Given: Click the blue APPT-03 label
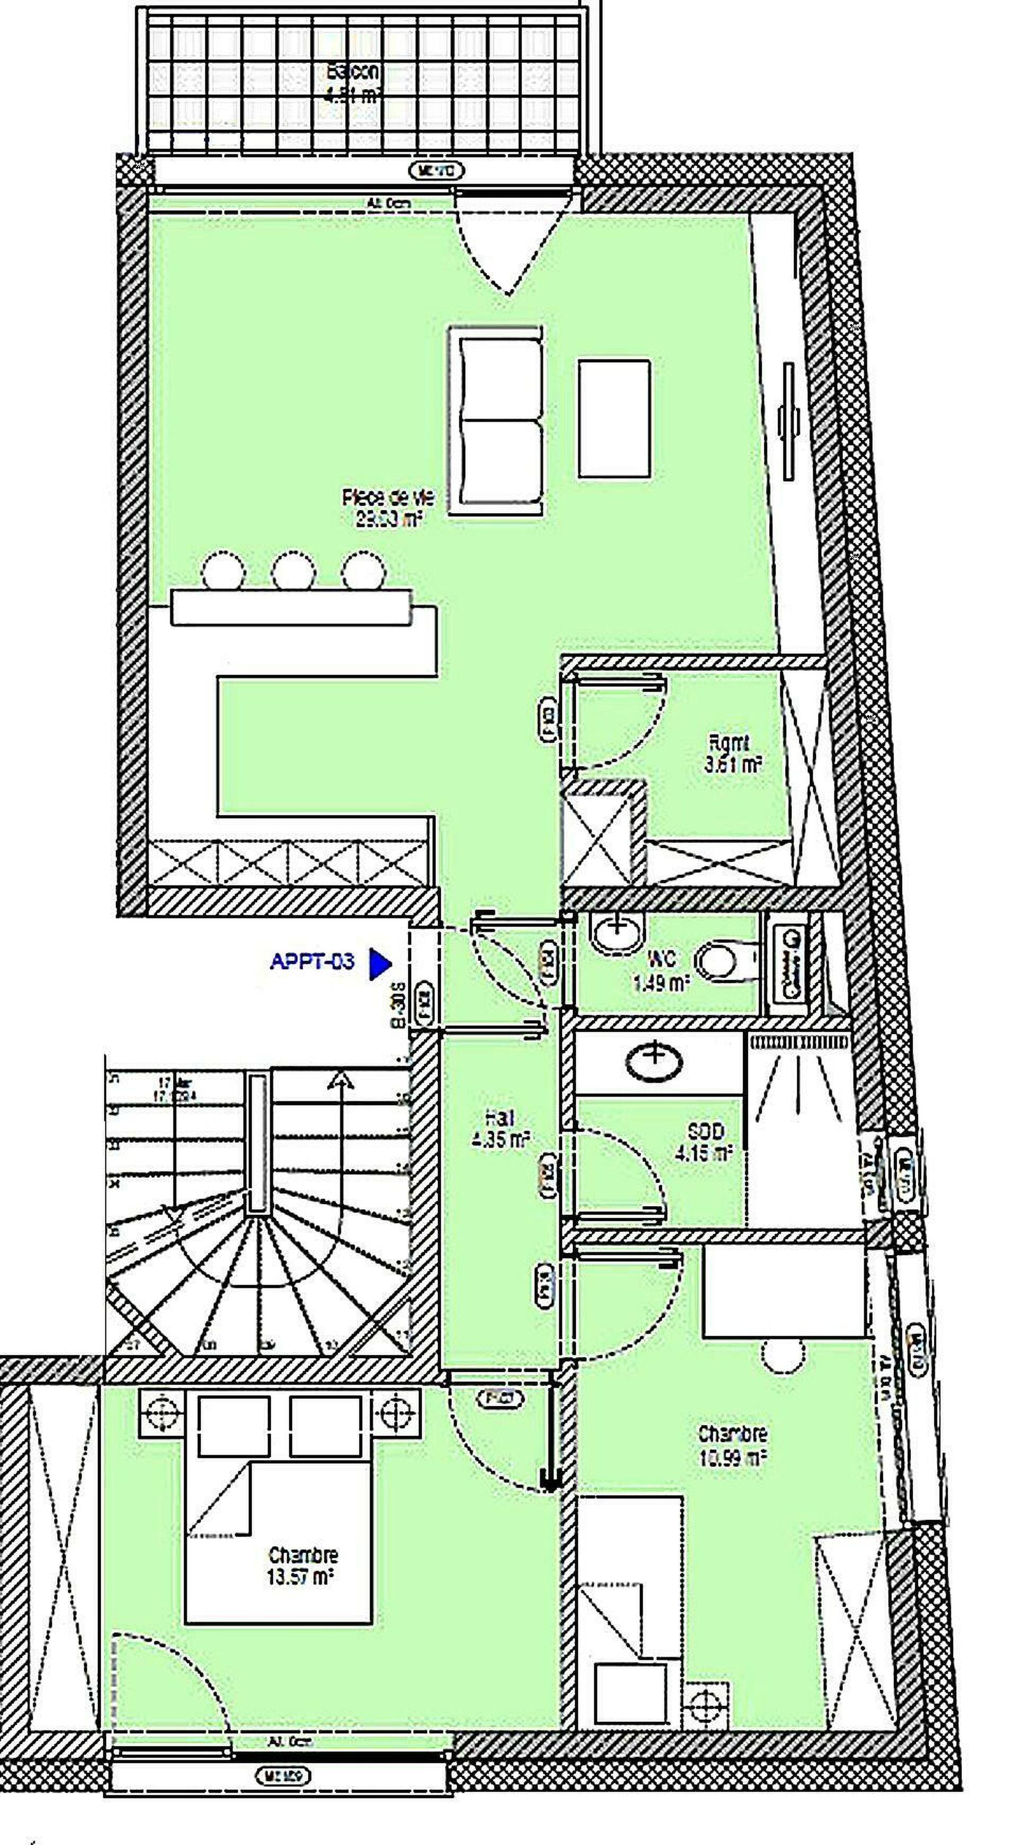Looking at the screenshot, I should tap(313, 961).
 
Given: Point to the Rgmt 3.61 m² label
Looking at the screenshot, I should tap(730, 754).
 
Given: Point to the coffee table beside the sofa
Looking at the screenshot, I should tap(614, 419).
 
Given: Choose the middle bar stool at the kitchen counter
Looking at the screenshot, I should tap(293, 571).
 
